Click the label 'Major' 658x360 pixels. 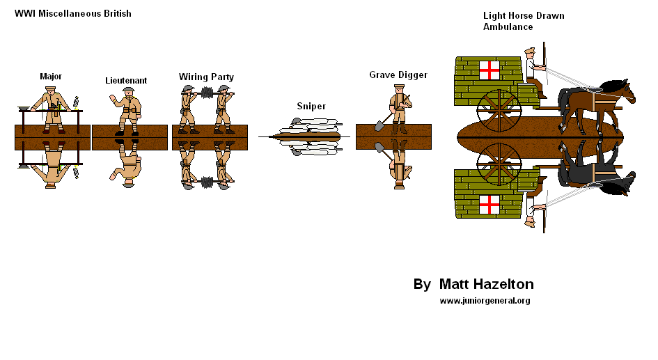pos(52,76)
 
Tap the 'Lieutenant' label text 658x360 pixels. pos(126,81)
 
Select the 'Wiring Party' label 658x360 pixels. pos(206,77)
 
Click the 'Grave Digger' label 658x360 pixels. pos(398,75)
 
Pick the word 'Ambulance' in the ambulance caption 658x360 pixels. pos(508,27)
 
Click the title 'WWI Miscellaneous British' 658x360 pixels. pos(73,14)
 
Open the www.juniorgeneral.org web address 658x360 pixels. pos(485,301)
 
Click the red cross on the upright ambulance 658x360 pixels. pos(490,70)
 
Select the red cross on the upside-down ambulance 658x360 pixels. pos(490,204)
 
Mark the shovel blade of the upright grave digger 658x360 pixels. pos(378,126)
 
